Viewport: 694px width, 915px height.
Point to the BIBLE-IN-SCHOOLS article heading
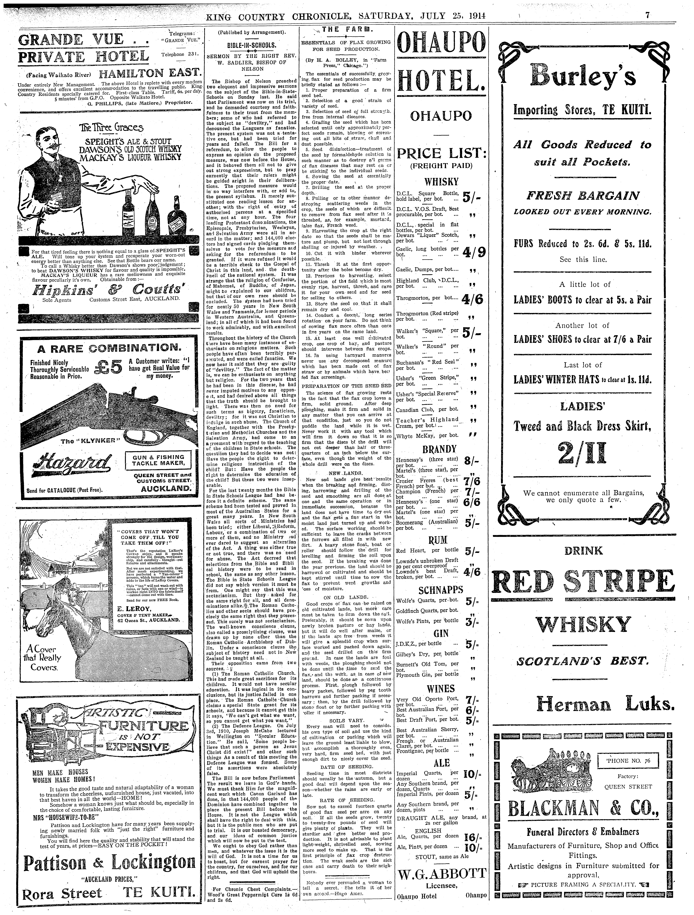point(252,46)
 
